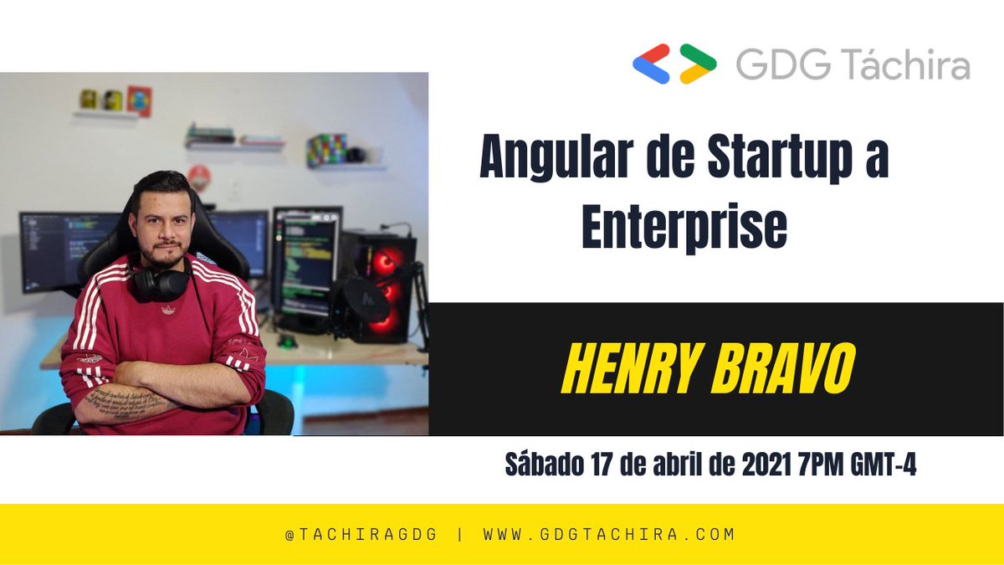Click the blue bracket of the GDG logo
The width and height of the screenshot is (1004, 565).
(651, 64)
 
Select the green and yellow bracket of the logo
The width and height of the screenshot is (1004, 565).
(697, 64)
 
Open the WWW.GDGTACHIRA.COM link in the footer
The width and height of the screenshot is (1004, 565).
(608, 534)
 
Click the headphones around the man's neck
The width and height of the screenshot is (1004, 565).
(161, 283)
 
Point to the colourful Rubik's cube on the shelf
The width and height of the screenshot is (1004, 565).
(326, 150)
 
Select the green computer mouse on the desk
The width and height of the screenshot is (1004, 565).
(287, 341)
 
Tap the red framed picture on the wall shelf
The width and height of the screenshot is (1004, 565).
(139, 100)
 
